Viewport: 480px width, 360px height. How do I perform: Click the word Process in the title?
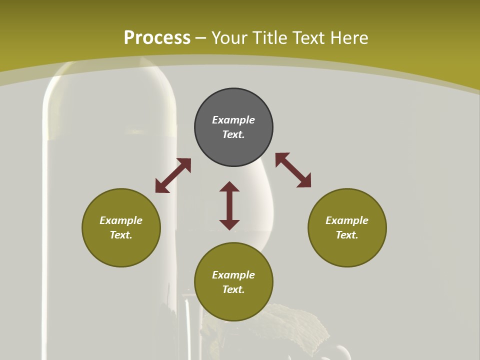[157, 38]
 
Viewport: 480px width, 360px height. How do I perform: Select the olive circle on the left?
[121, 250]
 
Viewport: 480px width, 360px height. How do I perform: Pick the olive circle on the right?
[347, 250]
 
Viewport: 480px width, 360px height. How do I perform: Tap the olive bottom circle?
[233, 305]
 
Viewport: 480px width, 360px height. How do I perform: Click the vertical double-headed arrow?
[229, 206]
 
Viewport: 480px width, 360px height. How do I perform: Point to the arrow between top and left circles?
[173, 175]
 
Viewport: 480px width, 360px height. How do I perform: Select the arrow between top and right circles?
[293, 170]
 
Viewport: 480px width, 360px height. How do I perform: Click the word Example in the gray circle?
[233, 120]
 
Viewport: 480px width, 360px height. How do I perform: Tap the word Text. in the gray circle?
[233, 134]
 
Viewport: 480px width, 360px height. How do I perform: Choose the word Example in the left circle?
[121, 220]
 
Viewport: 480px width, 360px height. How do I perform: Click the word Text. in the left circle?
[121, 235]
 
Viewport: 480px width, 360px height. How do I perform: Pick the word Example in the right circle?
[347, 220]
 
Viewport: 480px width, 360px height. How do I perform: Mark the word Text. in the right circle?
[347, 235]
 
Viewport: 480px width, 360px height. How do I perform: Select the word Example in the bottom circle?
[233, 275]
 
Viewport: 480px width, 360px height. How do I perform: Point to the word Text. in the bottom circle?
[233, 289]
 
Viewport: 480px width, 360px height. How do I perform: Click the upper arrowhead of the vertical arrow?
[229, 187]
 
